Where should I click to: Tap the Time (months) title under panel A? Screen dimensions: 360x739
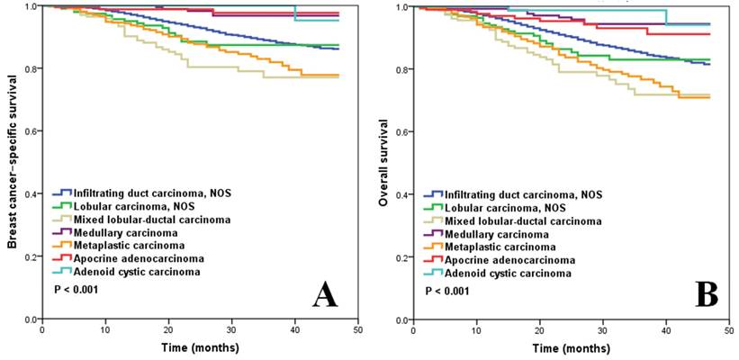201,346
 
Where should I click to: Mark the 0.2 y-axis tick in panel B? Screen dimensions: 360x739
401,257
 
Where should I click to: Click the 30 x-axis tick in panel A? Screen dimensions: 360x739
232,329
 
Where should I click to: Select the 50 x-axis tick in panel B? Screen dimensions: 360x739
728,330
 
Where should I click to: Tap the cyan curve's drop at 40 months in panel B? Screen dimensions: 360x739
665,17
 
